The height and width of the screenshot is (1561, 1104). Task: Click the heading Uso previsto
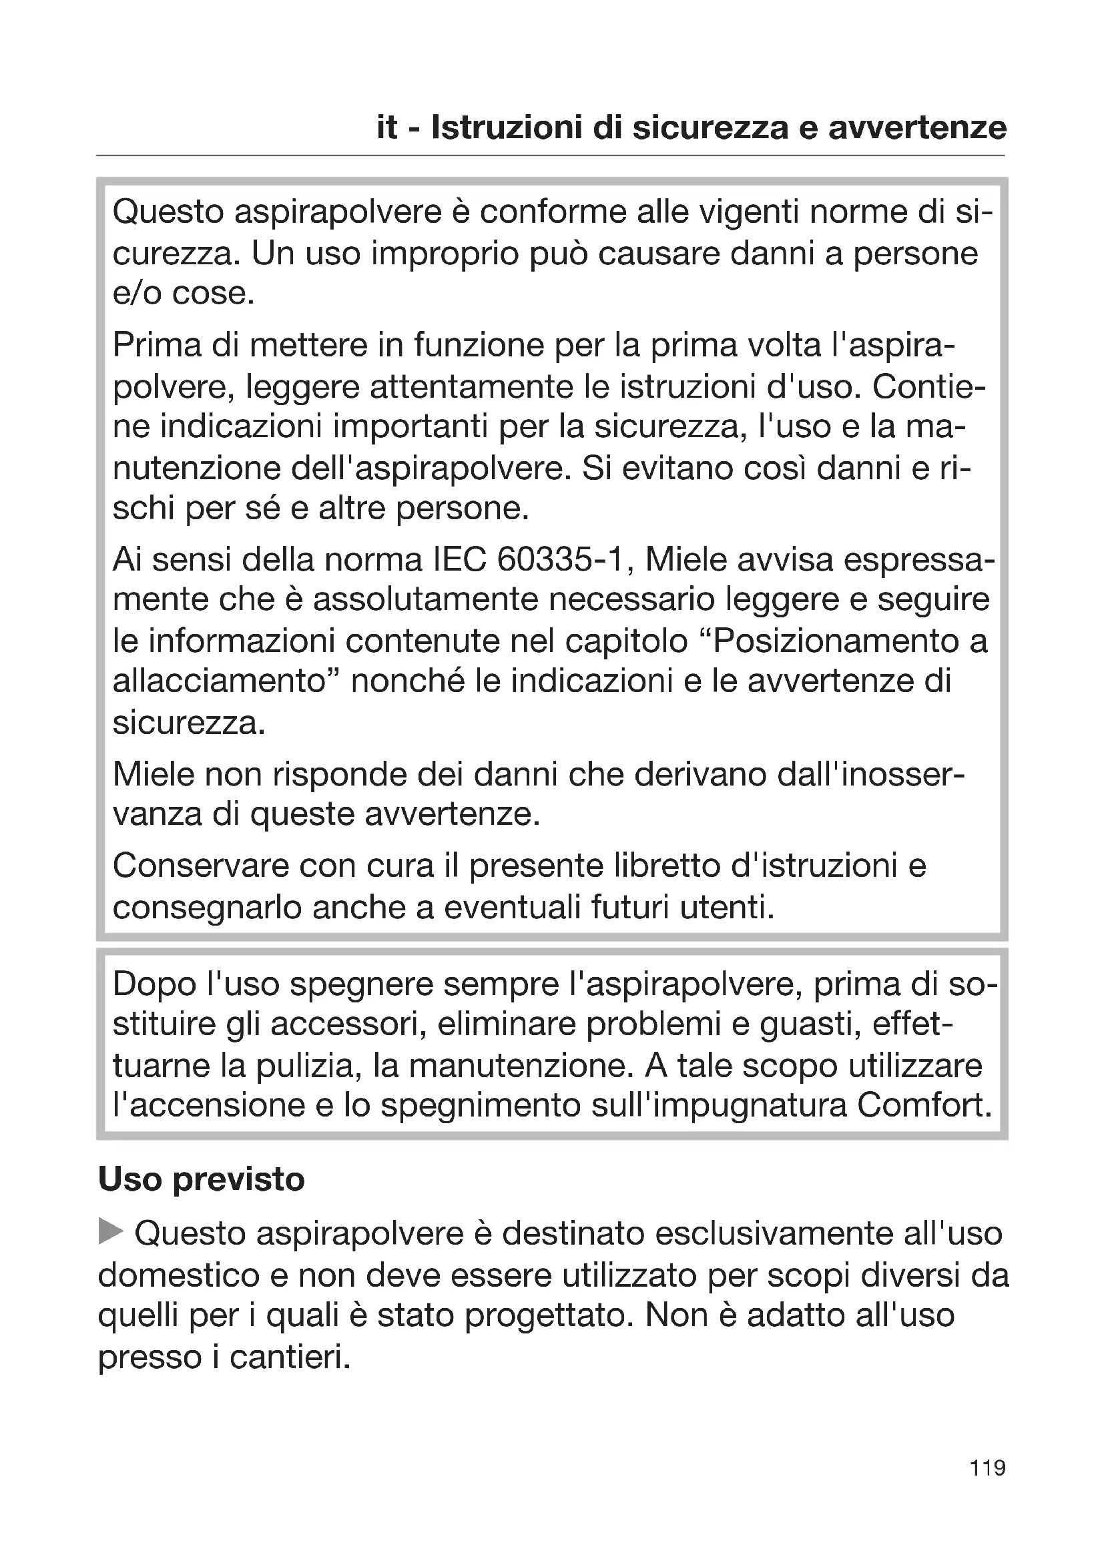tap(201, 1179)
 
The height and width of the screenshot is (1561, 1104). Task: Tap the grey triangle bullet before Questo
tap(111, 1231)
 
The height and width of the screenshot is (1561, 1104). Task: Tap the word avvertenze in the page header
tap(918, 128)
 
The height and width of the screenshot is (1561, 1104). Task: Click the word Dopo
tap(154, 984)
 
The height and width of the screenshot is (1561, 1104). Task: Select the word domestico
tap(179, 1275)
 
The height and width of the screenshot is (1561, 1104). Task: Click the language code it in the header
tap(387, 128)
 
